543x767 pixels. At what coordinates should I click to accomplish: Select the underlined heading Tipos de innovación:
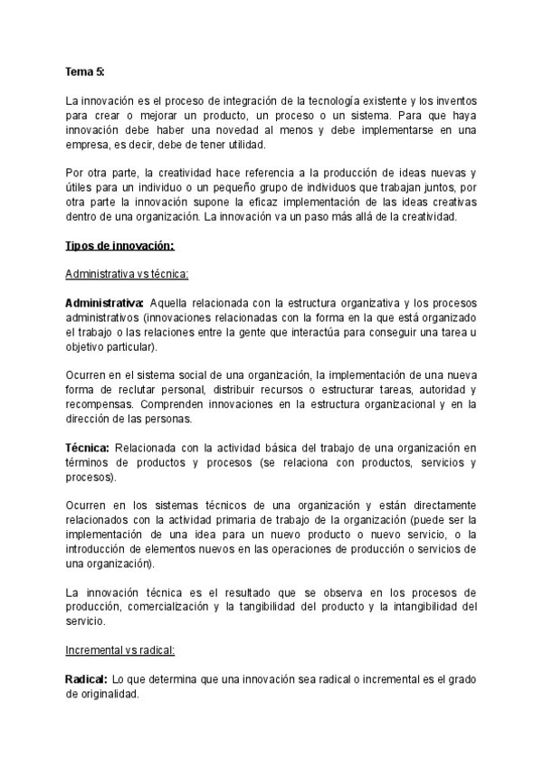click(119, 246)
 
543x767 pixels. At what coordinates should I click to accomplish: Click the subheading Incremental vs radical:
click(120, 650)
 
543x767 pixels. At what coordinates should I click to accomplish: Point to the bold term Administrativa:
click(104, 302)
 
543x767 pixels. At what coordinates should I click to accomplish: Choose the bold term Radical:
click(87, 678)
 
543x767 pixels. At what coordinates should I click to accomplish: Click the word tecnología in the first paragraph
click(332, 100)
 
